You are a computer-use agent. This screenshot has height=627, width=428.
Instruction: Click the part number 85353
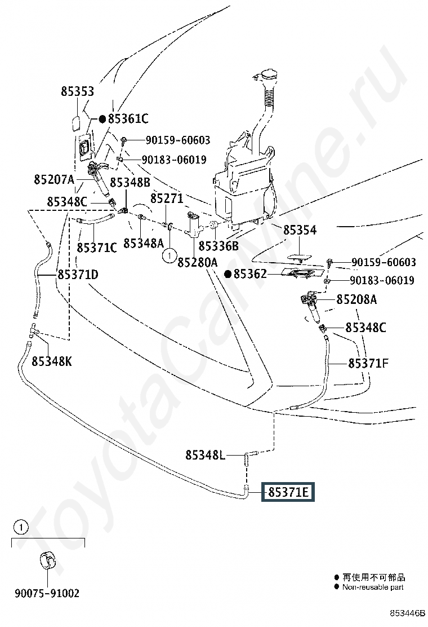point(78,92)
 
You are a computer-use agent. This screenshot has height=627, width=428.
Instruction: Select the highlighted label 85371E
point(288,492)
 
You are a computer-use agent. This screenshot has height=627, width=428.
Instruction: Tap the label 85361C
point(128,119)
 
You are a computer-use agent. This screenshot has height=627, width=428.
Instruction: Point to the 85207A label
point(54,180)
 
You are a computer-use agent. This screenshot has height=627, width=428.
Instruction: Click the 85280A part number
point(197,262)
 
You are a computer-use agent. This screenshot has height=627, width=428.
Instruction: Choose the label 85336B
point(219,246)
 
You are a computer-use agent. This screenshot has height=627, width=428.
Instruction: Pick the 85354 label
point(300,230)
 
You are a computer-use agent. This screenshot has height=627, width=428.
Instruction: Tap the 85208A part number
point(356,300)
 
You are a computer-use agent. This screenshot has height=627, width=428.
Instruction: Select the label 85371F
point(368,364)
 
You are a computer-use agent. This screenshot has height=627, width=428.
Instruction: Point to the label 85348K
point(52,361)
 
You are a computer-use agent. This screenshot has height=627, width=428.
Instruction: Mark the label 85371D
point(78,275)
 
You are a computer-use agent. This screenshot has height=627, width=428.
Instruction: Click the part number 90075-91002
point(47,594)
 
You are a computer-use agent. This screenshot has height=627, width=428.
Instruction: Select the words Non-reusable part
point(373,587)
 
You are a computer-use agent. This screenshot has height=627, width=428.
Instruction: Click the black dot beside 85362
point(228,275)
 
